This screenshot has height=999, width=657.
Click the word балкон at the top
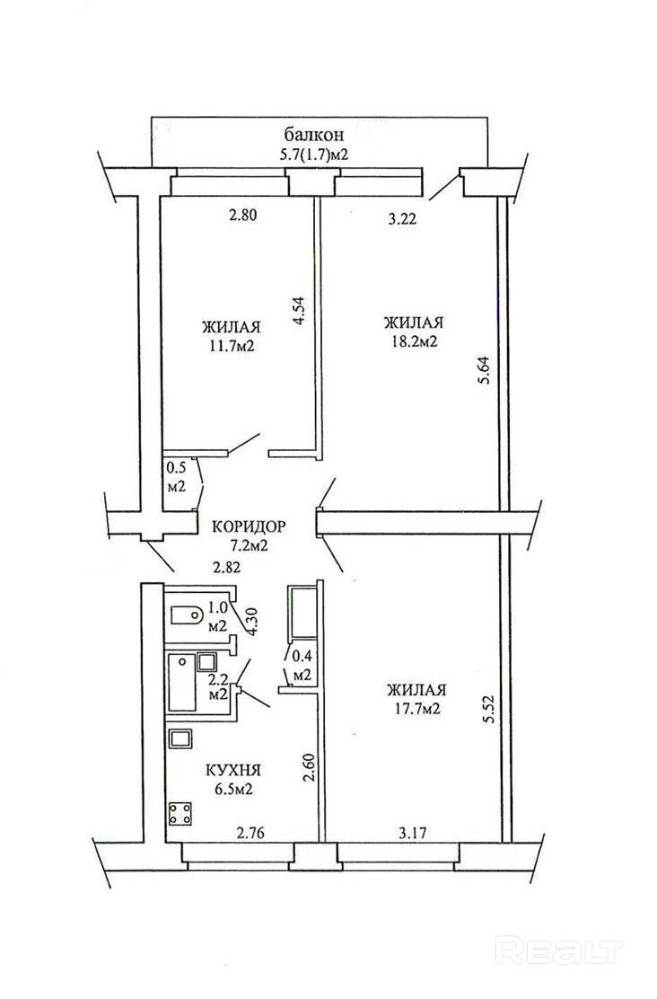click(x=314, y=135)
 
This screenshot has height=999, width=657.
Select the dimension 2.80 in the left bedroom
click(x=242, y=216)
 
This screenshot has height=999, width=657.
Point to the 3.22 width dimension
click(x=402, y=219)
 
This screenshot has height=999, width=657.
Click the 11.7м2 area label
click(x=232, y=347)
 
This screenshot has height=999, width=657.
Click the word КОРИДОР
click(x=249, y=526)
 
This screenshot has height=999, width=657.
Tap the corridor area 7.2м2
click(x=249, y=546)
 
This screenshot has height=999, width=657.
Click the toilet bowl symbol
click(x=188, y=615)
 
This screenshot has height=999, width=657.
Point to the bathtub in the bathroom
click(x=181, y=683)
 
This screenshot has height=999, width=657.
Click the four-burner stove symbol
click(x=180, y=814)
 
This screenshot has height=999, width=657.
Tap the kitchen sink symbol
click(x=181, y=739)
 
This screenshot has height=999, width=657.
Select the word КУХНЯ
click(x=233, y=770)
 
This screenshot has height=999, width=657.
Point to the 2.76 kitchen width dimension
click(x=250, y=832)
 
